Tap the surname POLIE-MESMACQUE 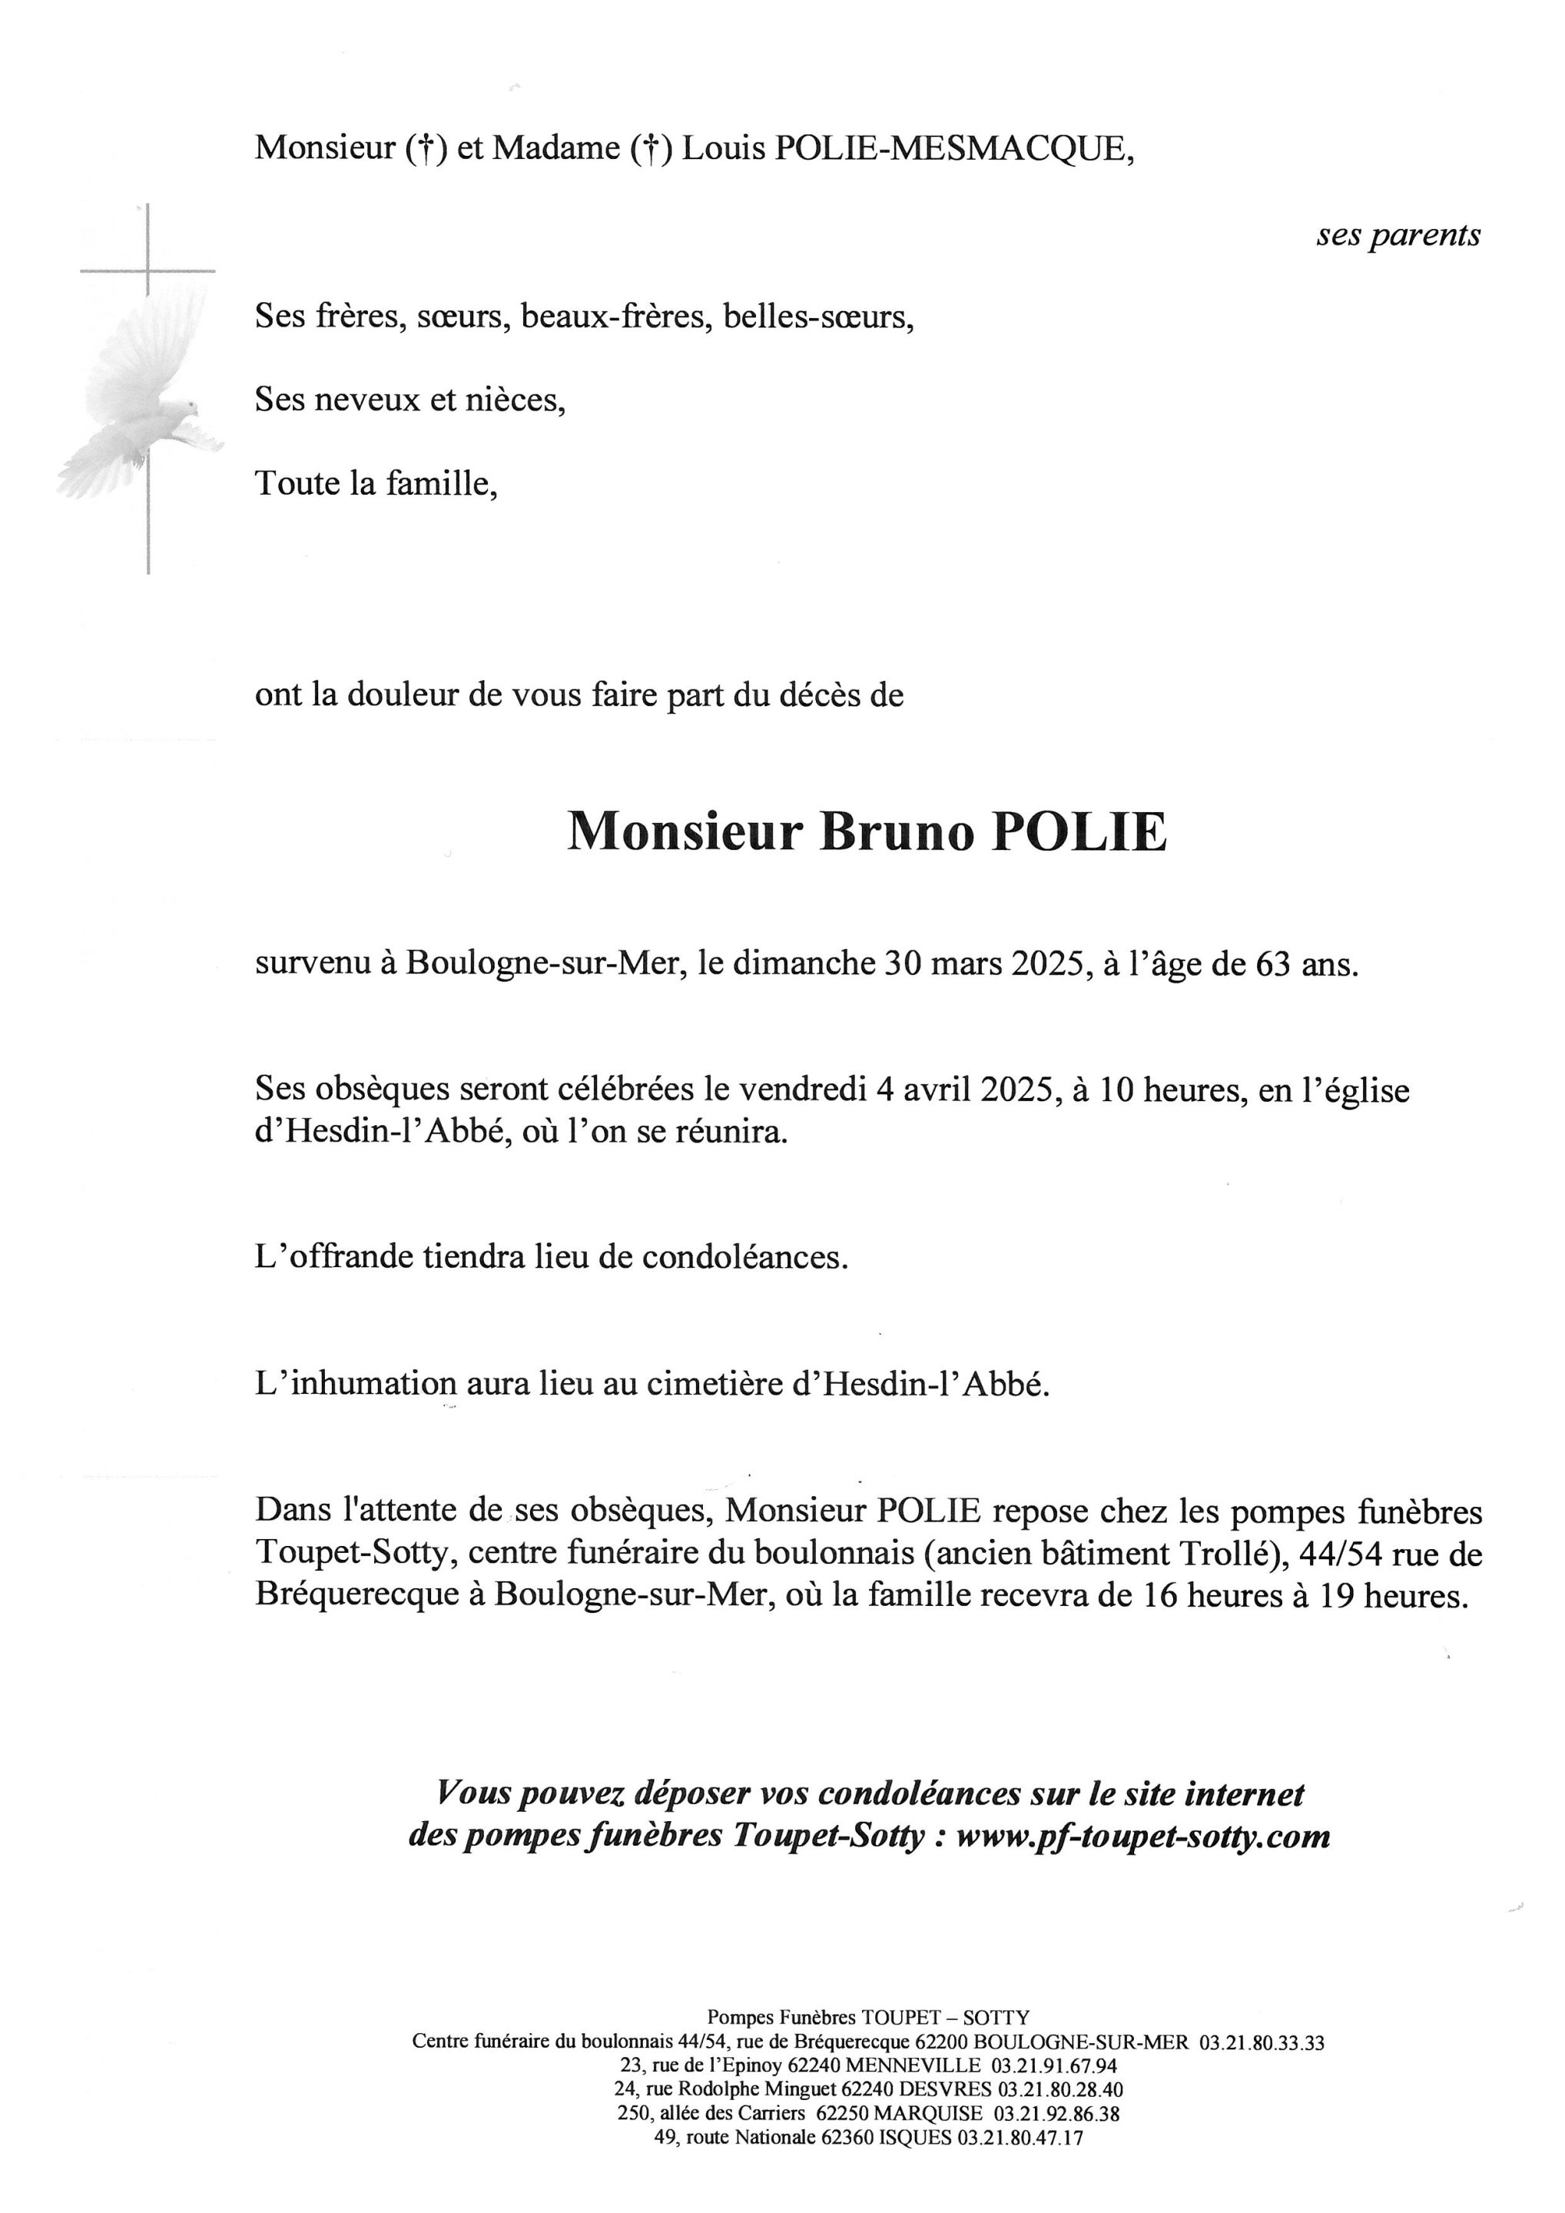951,148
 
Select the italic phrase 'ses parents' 1398,235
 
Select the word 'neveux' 364,399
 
